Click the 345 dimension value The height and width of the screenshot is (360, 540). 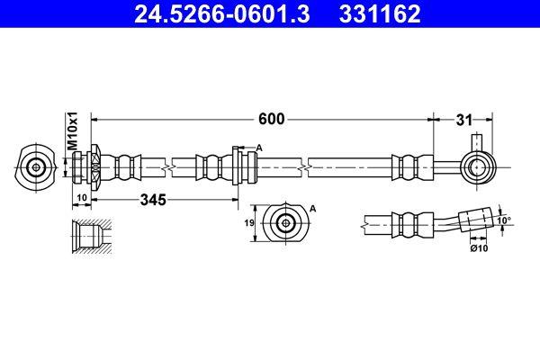pyautogui.click(x=153, y=201)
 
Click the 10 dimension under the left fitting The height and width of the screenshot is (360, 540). pyautogui.click(x=81, y=198)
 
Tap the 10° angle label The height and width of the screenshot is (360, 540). pyautogui.click(x=503, y=219)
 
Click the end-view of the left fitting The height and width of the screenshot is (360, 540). pyautogui.click(x=36, y=166)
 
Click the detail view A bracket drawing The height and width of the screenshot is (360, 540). pyautogui.click(x=286, y=222)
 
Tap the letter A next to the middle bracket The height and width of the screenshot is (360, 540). pyautogui.click(x=259, y=148)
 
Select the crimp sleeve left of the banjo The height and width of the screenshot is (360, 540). pyautogui.click(x=407, y=166)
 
